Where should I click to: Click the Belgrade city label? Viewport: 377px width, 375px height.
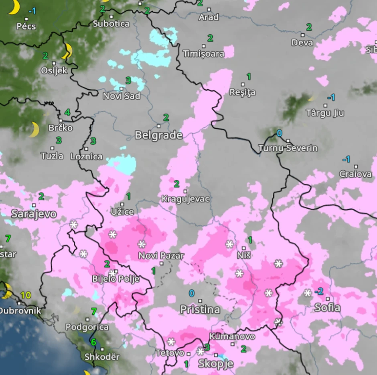click(158, 135)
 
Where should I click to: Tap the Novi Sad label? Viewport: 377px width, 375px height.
click(122, 96)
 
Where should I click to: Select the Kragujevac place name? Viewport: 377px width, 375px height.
click(185, 199)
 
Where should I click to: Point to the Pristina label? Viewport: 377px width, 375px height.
click(200, 309)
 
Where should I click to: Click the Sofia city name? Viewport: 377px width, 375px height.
click(327, 308)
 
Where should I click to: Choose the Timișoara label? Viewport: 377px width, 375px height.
click(203, 54)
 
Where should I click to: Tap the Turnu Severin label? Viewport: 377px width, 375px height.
click(288, 148)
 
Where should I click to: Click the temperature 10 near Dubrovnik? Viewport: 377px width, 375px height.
click(26, 295)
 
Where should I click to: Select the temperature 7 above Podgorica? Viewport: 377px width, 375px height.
click(94, 311)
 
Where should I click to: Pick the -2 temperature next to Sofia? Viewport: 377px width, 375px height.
click(319, 291)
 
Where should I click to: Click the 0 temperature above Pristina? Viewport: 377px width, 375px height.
click(192, 293)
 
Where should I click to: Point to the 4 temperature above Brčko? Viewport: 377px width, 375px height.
click(67, 113)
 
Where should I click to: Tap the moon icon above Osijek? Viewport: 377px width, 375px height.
click(67, 51)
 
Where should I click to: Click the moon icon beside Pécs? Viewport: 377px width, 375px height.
click(14, 7)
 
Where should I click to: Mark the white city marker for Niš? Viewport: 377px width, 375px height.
click(243, 248)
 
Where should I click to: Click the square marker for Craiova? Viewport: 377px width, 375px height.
click(355, 166)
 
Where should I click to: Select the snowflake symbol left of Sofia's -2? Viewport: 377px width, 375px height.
click(308, 293)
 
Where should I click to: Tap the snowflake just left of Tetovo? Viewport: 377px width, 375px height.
click(171, 342)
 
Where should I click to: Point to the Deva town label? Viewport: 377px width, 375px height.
click(302, 43)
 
